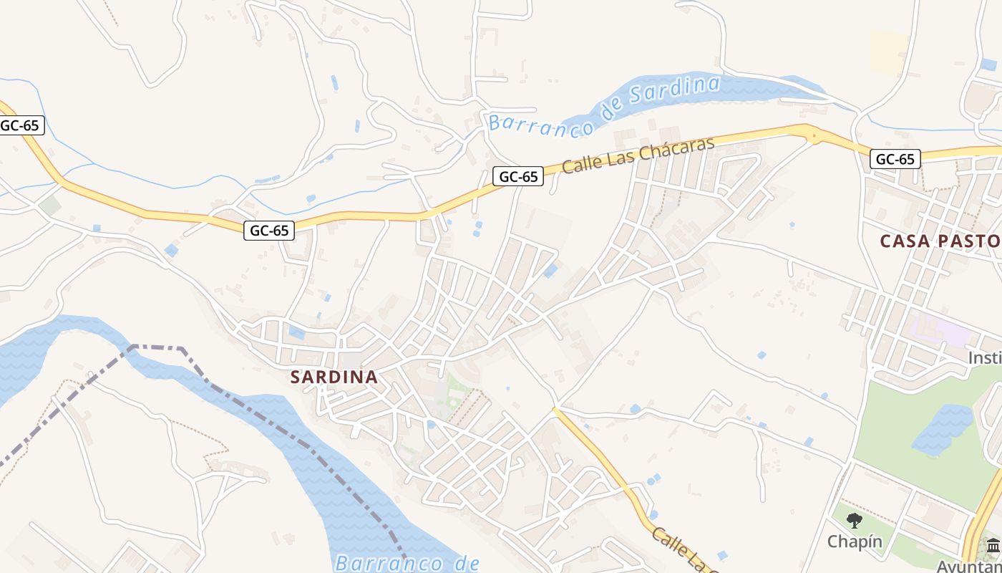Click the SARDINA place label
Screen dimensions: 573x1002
334,377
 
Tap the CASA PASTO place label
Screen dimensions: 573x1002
940,241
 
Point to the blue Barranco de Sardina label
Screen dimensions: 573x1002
605,107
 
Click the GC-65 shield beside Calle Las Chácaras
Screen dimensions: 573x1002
518,176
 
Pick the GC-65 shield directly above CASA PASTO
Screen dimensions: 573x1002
895,159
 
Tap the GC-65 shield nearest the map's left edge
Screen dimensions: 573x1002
20,125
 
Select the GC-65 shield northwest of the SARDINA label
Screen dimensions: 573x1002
269,230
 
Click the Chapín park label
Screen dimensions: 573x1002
855,541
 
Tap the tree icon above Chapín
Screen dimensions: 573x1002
854,520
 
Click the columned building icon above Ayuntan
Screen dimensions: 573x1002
993,546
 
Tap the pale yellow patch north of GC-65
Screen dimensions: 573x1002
888,52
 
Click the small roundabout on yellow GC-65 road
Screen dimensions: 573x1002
812,134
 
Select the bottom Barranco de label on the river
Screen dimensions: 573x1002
407,562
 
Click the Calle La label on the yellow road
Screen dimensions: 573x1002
676,549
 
